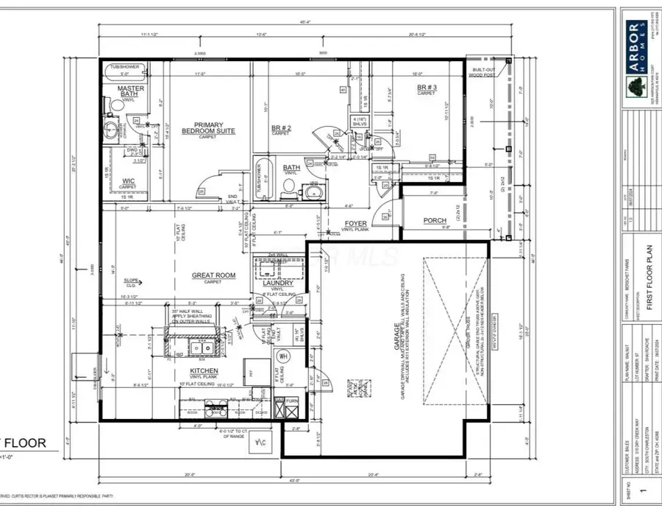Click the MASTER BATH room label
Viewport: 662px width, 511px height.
131,92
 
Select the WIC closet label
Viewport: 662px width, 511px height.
128,182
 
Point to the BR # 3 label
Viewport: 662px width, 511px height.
427,90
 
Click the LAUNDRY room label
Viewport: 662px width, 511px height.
279,283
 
